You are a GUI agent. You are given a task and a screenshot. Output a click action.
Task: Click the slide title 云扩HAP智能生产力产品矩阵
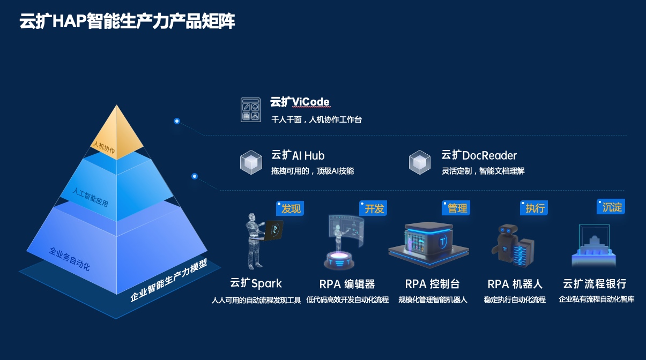[x=127, y=21]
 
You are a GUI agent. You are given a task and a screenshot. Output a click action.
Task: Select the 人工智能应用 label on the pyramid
[x=90, y=197]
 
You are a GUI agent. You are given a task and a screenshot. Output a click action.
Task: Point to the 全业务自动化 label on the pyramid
[x=70, y=259]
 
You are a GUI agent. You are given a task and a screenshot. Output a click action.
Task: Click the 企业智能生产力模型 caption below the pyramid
[x=169, y=280]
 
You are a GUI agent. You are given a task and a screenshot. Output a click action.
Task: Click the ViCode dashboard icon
[x=250, y=110]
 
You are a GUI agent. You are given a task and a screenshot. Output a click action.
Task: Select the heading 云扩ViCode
[x=300, y=102]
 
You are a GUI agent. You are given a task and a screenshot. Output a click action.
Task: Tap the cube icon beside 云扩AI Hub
[x=251, y=162]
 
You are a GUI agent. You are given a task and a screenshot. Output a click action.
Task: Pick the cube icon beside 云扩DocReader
[x=420, y=162]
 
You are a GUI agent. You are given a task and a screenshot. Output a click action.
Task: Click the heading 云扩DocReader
[x=479, y=155]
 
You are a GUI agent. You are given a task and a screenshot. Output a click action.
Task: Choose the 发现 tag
[x=290, y=208]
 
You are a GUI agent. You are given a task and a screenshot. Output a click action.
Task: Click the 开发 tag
[x=373, y=208]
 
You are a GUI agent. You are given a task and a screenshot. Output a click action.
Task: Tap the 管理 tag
[x=456, y=208]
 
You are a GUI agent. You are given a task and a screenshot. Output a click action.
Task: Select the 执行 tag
[x=534, y=208]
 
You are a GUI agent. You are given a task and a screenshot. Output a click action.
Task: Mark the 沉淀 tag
[x=611, y=207]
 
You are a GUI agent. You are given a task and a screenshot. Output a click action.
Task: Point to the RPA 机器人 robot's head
[x=508, y=230]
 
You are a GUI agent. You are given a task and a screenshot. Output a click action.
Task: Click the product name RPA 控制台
[x=432, y=284]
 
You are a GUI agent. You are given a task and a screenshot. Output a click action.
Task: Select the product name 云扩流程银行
[x=595, y=283]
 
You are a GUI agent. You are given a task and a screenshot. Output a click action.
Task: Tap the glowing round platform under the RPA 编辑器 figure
[x=339, y=259]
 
